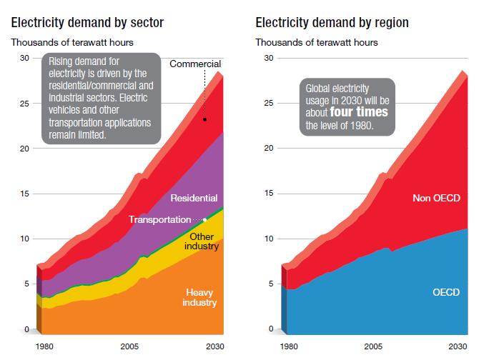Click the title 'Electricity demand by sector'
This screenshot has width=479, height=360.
click(x=87, y=23)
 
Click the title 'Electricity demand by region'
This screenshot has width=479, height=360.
click(x=332, y=23)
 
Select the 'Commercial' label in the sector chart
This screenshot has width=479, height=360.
click(x=195, y=64)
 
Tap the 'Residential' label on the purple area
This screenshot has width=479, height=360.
click(x=194, y=198)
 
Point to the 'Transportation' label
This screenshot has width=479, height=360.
click(x=159, y=220)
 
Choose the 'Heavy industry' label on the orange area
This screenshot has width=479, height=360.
click(x=200, y=296)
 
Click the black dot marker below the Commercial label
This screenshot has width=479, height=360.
click(x=204, y=119)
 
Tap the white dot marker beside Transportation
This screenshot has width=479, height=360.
click(x=205, y=220)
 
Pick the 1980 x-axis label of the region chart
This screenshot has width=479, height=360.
click(x=289, y=346)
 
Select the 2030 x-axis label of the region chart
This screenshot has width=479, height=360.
click(x=457, y=346)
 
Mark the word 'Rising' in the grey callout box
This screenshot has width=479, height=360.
click(x=61, y=61)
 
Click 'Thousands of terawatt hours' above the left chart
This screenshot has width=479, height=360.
click(x=71, y=43)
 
